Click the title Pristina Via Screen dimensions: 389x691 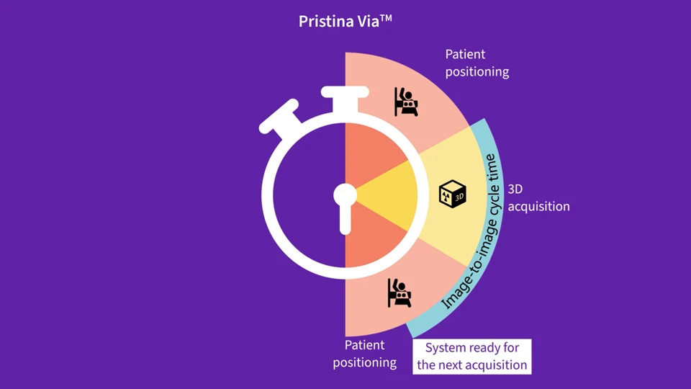(x=345, y=21)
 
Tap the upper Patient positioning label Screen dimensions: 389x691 (x=477, y=63)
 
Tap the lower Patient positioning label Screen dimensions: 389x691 (x=365, y=354)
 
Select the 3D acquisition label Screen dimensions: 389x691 (x=538, y=198)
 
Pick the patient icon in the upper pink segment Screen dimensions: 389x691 (x=407, y=102)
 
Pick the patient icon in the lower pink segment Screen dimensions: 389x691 (x=399, y=293)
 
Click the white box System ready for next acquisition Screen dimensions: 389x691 (x=472, y=357)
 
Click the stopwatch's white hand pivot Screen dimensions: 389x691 (x=345, y=195)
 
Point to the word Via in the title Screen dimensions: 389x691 (x=366, y=22)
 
